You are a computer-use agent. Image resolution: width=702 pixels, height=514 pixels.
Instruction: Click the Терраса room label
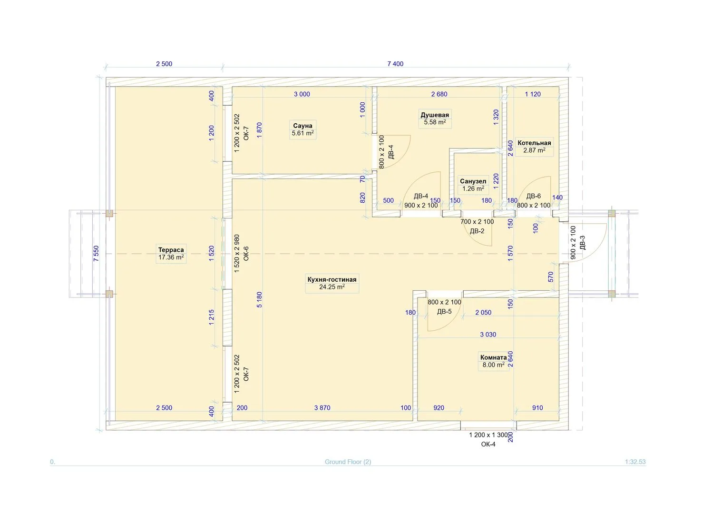pyautogui.click(x=171, y=250)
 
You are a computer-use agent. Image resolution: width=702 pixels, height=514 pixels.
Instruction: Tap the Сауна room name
pyautogui.click(x=302, y=126)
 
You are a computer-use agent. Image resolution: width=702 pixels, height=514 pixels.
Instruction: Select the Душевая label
pyautogui.click(x=435, y=115)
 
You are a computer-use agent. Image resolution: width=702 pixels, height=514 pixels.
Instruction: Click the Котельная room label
pyautogui.click(x=534, y=143)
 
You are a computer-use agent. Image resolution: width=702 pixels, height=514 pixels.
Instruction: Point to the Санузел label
pyautogui.click(x=473, y=181)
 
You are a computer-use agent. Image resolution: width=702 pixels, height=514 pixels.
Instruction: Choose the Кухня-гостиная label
pyautogui.click(x=332, y=279)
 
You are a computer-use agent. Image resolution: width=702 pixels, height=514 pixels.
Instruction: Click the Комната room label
pyautogui.click(x=493, y=357)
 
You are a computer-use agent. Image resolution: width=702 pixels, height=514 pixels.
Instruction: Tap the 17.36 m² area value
pyautogui.click(x=171, y=257)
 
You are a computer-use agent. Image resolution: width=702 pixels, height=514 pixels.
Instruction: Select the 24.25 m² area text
pyautogui.click(x=332, y=287)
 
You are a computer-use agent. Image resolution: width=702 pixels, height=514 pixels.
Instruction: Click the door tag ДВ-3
pyautogui.click(x=582, y=242)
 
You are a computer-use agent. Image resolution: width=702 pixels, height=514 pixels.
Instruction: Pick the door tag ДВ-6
pyautogui.click(x=533, y=196)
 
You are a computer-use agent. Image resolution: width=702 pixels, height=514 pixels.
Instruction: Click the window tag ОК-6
pyautogui.click(x=246, y=254)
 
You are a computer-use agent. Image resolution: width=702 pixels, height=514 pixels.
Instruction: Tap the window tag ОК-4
pyautogui.click(x=488, y=444)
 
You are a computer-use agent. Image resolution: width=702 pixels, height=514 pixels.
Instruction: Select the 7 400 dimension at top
pyautogui.click(x=395, y=64)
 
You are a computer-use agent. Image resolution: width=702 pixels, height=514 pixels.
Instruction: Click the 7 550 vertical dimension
pyautogui.click(x=96, y=253)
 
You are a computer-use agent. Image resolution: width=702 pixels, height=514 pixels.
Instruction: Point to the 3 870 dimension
pyautogui.click(x=322, y=408)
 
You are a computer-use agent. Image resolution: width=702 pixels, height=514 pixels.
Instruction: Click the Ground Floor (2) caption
pyautogui.click(x=348, y=462)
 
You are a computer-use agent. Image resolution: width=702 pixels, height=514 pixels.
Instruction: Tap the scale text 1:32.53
pyautogui.click(x=635, y=462)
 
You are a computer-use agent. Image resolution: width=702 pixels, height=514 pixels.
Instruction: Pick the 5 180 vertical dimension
pyautogui.click(x=259, y=299)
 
